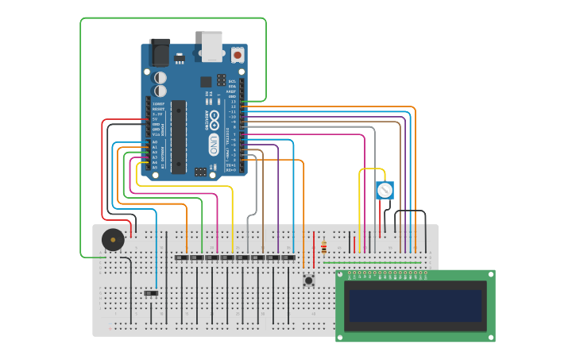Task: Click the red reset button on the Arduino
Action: coord(238,55)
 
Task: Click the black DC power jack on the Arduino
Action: coord(160,52)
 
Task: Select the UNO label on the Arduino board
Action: coord(214,144)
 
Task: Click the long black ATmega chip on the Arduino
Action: coord(179,136)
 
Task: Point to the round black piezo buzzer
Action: coord(113,239)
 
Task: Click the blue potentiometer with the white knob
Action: coord(385,190)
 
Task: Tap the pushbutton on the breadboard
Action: coord(308,280)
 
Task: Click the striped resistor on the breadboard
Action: coord(323,247)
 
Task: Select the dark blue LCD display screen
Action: coord(415,305)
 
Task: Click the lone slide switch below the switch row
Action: coord(151,293)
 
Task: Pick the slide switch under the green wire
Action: coord(197,257)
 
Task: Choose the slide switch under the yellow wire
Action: coord(227,257)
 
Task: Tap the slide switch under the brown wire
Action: coord(257,257)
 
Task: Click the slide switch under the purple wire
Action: coord(273,257)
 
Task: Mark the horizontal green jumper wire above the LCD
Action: coord(373,262)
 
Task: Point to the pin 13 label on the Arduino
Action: coord(234,102)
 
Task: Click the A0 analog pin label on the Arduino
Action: coord(154,141)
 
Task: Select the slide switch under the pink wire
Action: coord(212,257)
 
